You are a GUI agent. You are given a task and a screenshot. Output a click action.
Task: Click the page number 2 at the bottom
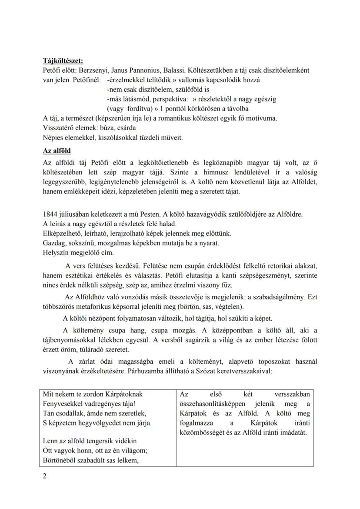pyautogui.click(x=45, y=476)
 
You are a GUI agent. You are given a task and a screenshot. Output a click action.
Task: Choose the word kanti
pyautogui.click(x=243, y=275)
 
